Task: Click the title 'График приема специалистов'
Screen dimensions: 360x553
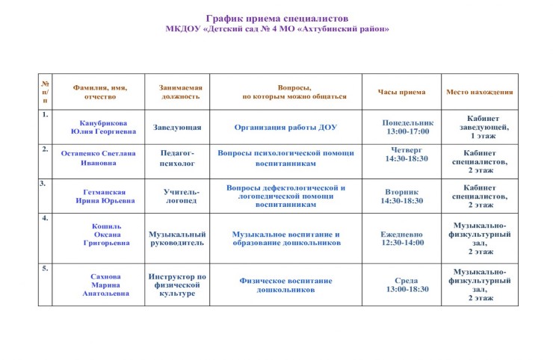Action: (277, 18)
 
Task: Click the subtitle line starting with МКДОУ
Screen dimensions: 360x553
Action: (277, 28)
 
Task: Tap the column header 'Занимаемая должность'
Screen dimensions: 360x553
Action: (180, 91)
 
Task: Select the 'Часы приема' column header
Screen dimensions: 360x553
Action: (401, 92)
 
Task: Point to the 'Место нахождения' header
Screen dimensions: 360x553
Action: (479, 92)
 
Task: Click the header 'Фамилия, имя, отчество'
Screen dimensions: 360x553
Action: (100, 91)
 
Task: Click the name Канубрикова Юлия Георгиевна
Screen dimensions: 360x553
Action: (103, 127)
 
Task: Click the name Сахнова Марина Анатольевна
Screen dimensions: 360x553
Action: (105, 285)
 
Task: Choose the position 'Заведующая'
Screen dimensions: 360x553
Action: (177, 127)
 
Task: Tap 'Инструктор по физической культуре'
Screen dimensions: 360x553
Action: (177, 285)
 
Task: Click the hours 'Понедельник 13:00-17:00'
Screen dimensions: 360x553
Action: (407, 126)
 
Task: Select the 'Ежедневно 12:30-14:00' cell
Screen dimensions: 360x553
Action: (402, 238)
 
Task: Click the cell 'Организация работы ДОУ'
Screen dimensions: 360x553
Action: (285, 127)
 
